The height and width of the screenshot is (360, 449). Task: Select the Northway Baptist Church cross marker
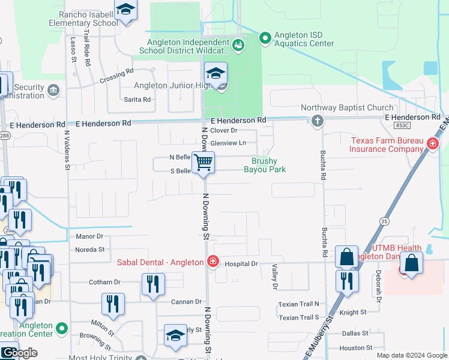[318, 121]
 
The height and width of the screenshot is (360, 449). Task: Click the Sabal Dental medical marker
[212, 261]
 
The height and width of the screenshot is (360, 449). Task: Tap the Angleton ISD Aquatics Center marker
[265, 38]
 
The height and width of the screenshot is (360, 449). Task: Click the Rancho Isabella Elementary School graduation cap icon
[125, 10]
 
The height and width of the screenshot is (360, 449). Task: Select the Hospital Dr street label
[242, 263]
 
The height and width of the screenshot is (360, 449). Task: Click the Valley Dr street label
[275, 278]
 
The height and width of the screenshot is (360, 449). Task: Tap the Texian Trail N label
[298, 304]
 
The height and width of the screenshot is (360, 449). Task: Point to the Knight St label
[352, 313]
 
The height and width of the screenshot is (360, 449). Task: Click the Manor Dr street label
[89, 237]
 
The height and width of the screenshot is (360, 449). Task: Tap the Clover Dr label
[224, 130]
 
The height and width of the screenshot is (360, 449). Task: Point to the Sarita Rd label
[137, 100]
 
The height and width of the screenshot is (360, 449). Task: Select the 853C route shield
[403, 125]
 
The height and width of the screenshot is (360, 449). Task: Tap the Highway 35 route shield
[384, 221]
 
